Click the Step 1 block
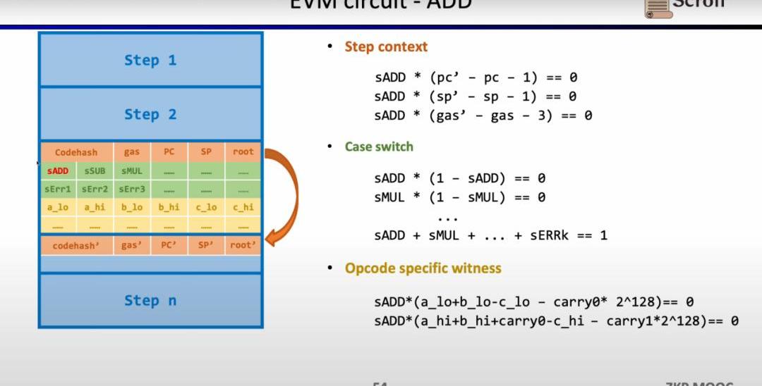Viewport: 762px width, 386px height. (150, 60)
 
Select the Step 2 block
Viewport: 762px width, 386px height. (150, 114)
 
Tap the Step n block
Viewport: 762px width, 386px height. (150, 301)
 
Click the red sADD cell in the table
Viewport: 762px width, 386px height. (58, 171)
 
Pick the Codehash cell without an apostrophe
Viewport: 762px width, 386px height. (75, 152)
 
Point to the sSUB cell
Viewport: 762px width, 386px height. (95, 171)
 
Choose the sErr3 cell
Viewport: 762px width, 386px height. (131, 189)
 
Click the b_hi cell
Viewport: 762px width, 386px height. (169, 207)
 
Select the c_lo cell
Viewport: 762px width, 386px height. (206, 207)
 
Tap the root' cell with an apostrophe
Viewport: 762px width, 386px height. (243, 245)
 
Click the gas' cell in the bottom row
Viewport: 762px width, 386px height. (131, 245)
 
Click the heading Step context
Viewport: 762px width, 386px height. (386, 47)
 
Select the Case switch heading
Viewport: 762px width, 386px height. (379, 147)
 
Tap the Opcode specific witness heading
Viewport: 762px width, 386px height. (423, 268)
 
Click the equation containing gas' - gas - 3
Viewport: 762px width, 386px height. (483, 116)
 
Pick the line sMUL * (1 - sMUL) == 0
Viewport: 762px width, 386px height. (459, 198)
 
